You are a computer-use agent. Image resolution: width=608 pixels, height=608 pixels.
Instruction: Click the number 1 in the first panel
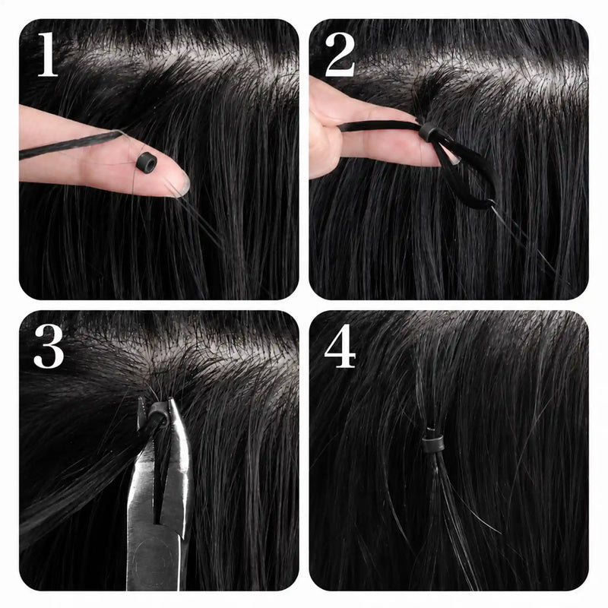point(48,54)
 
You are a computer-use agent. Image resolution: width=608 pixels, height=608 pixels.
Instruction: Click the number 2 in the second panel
point(340,55)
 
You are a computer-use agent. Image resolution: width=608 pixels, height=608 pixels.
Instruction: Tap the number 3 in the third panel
point(49,347)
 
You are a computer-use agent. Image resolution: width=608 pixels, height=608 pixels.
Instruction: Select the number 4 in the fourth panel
point(340,347)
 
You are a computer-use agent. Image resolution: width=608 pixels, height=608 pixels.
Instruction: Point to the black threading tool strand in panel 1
point(70,145)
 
